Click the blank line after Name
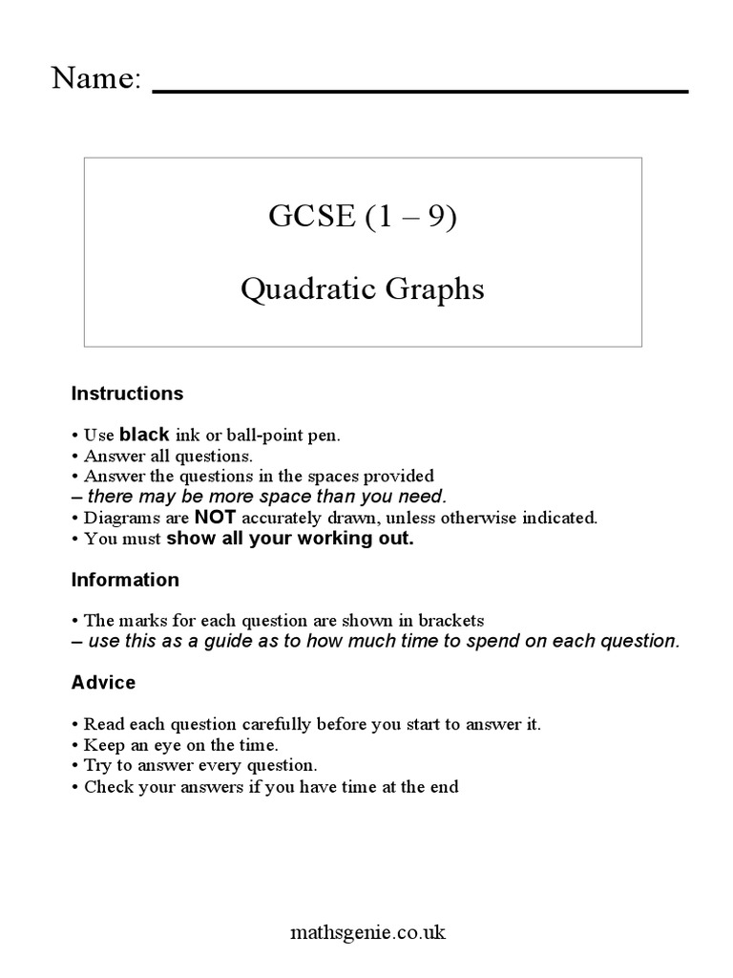(420, 90)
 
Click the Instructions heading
(127, 393)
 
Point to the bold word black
(144, 435)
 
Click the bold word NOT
(215, 518)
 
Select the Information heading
(125, 580)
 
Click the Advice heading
(103, 683)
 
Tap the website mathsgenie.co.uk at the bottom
(366, 931)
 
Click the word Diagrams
(115, 519)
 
